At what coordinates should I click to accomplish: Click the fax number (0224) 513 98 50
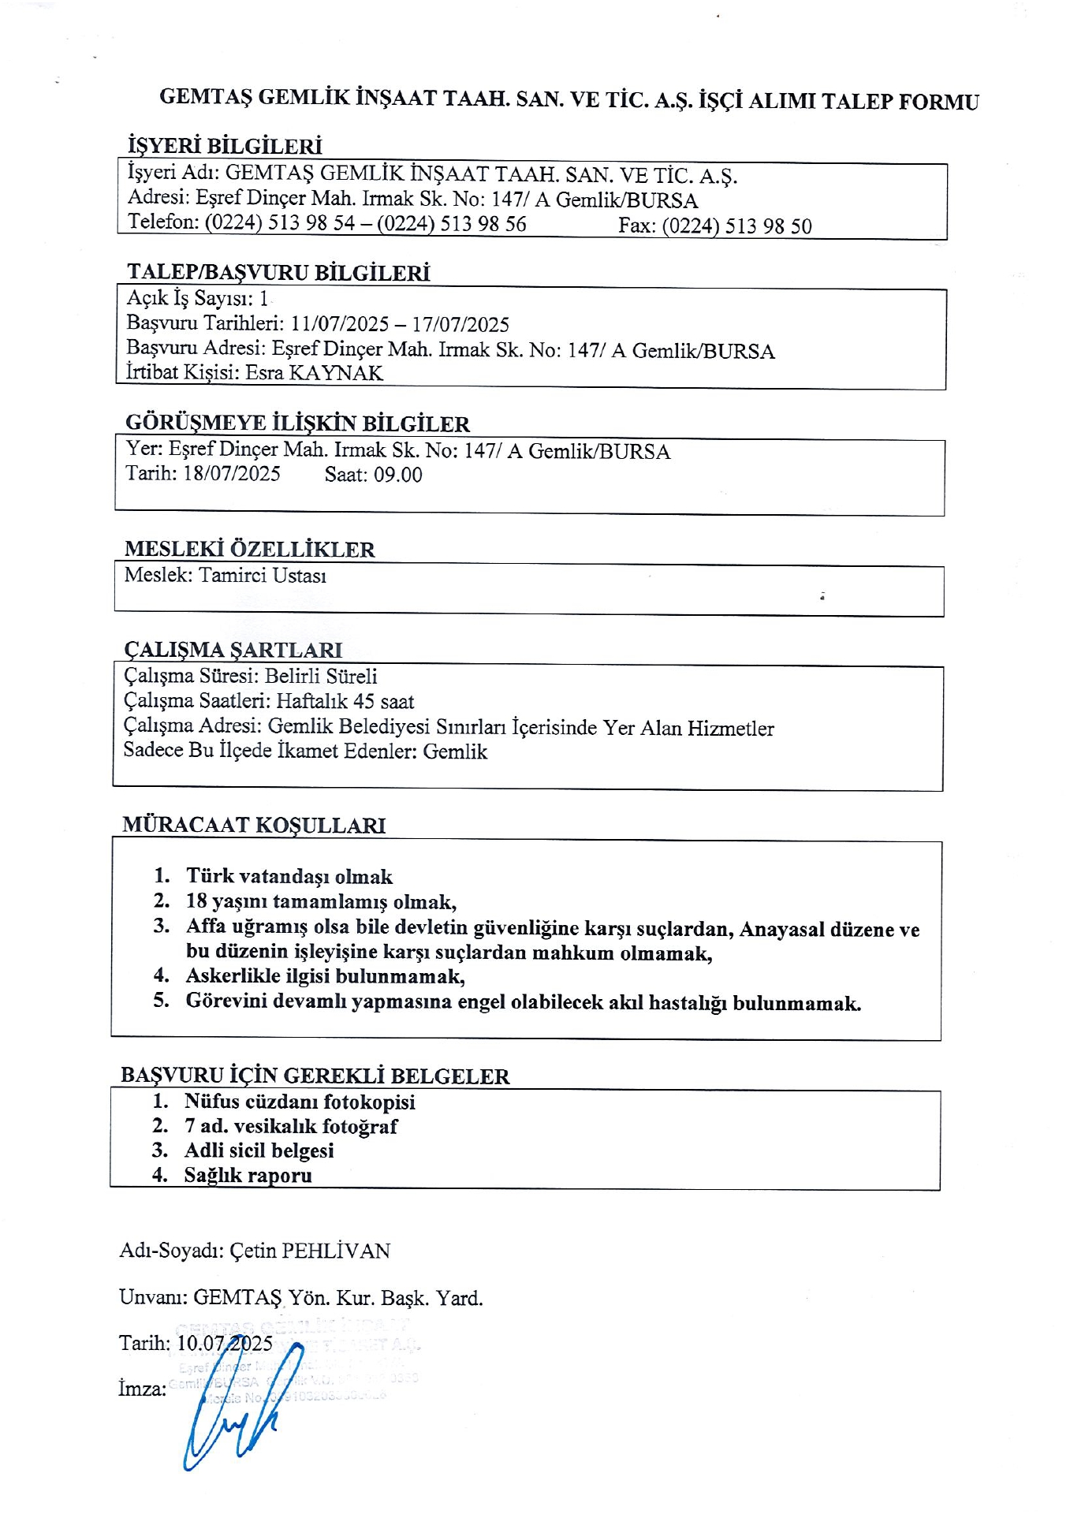click(x=736, y=226)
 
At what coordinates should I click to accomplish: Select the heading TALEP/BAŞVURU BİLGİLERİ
click(x=278, y=273)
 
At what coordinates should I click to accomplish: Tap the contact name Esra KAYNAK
click(x=314, y=373)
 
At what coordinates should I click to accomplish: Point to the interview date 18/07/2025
click(x=232, y=474)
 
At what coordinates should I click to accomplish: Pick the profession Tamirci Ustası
click(x=263, y=576)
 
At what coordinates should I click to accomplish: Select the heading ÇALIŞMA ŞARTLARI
click(x=233, y=650)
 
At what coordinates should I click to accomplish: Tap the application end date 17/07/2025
click(x=460, y=324)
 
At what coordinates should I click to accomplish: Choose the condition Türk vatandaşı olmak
click(x=289, y=876)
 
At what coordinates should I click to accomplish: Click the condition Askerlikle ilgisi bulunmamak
click(x=325, y=976)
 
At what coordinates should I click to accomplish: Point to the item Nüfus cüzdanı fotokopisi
click(x=300, y=1102)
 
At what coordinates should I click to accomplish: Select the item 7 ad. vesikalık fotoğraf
click(x=291, y=1126)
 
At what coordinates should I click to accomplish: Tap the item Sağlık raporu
click(x=248, y=1175)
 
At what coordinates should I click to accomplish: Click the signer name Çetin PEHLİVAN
click(x=310, y=1251)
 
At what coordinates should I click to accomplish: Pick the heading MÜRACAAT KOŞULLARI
click(x=254, y=826)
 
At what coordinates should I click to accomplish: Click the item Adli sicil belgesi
click(x=259, y=1150)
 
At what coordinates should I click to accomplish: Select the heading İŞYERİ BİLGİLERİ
click(x=225, y=146)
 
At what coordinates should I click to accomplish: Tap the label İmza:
click(x=142, y=1389)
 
